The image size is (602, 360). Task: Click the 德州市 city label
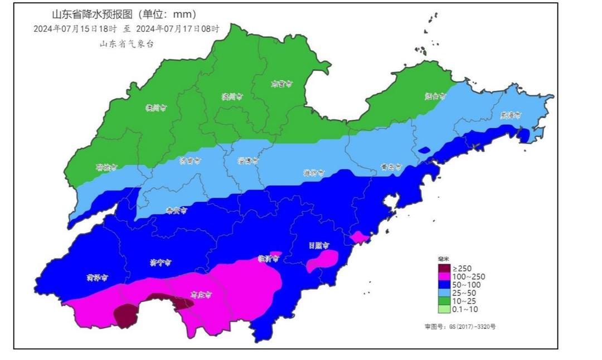coord(156,108)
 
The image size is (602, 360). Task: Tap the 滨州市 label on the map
coord(231,96)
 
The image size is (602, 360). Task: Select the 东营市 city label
coord(281,84)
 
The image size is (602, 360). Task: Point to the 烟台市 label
coord(435,96)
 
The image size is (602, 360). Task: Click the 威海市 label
coord(510,115)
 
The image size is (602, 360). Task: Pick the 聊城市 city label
coord(106,167)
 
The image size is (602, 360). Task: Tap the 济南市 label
coord(190,160)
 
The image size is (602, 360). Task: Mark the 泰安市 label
coord(176,210)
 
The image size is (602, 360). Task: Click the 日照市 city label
coord(319,245)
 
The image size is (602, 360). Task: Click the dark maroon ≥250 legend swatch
coord(444,269)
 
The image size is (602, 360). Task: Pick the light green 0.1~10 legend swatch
coord(444,309)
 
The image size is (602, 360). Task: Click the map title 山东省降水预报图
coord(116,14)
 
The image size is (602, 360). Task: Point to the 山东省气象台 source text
coord(126,44)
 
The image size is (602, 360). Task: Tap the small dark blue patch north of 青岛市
coord(424,149)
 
